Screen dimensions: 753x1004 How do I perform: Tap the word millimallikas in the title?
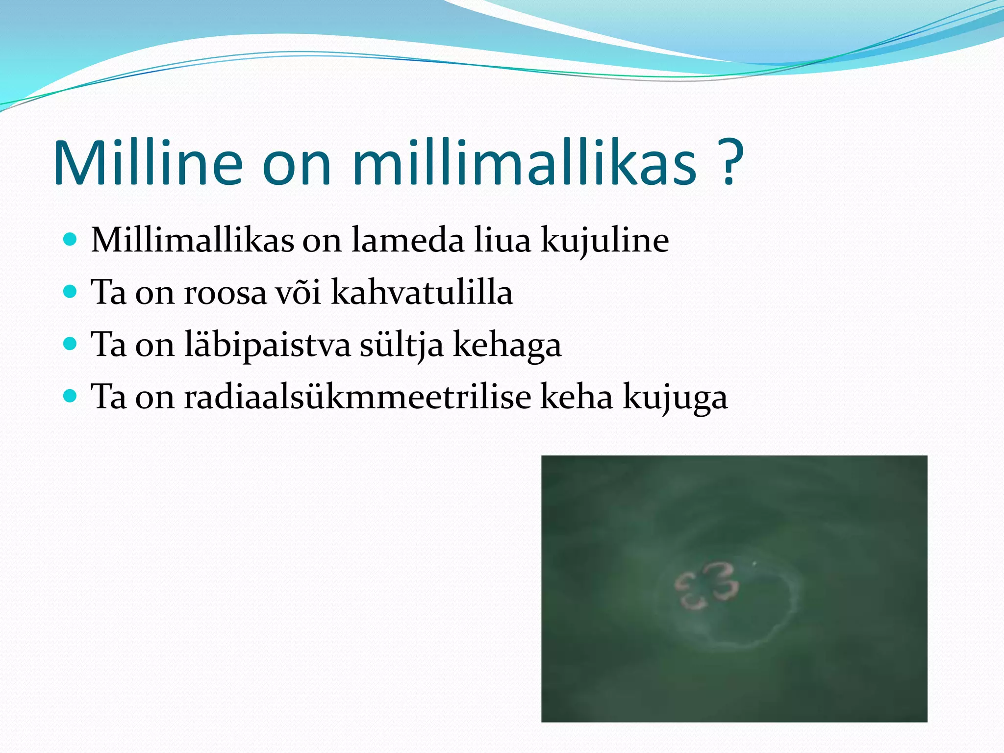pos(524,163)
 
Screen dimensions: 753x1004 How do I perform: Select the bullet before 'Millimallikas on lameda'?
pos(71,239)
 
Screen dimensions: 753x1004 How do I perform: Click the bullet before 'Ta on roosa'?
pos(71,292)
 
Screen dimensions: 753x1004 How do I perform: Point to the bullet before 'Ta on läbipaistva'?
pos(71,344)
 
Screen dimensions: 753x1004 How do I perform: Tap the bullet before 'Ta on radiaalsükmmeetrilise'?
pos(71,396)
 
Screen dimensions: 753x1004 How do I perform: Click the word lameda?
pos(407,240)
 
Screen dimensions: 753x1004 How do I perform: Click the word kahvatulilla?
pos(422,292)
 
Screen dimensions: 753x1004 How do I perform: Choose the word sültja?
pos(402,345)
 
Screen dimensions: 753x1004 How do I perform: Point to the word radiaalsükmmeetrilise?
pos(357,397)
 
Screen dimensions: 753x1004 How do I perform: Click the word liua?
pos(502,240)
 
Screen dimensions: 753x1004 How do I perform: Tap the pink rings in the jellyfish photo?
pos(706,586)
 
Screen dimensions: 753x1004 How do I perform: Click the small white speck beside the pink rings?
pos(754,564)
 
